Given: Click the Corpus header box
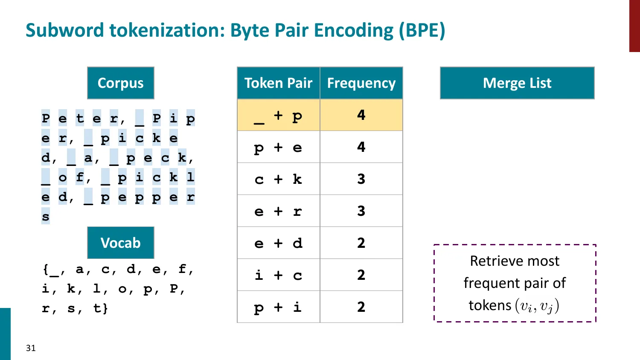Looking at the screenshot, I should pyautogui.click(x=121, y=83).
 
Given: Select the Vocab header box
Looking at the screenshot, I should pyautogui.click(x=121, y=243).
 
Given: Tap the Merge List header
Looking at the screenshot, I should pyautogui.click(x=517, y=83).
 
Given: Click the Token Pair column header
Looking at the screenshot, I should pyautogui.click(x=278, y=83).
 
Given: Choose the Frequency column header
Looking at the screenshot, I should pyautogui.click(x=361, y=83).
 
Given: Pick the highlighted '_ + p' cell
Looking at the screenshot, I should pyautogui.click(x=278, y=115).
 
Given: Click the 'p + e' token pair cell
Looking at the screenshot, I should pyautogui.click(x=278, y=147).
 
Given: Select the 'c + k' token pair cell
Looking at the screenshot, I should pyautogui.click(x=278, y=179).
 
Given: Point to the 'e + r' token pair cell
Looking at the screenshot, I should pyautogui.click(x=278, y=211).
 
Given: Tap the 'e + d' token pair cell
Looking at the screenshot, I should pyautogui.click(x=278, y=243).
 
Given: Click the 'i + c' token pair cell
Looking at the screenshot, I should pyautogui.click(x=278, y=275).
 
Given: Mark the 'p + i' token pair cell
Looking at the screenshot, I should pyautogui.click(x=278, y=307).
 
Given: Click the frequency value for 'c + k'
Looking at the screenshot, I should pyautogui.click(x=361, y=179).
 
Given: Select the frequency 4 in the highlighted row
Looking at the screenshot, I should pyautogui.click(x=361, y=115).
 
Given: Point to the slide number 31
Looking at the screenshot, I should pyautogui.click(x=31, y=348).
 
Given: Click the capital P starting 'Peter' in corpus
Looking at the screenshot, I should pyautogui.click(x=46, y=118).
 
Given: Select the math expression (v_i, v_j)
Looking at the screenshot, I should pyautogui.click(x=537, y=306).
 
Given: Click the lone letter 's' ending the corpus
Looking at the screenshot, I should pyautogui.click(x=46, y=217).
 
